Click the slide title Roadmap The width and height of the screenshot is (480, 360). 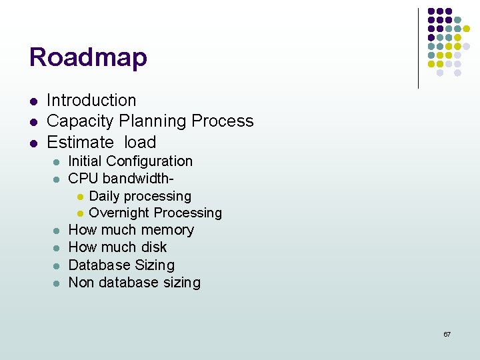(88, 57)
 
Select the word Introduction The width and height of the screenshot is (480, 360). (91, 101)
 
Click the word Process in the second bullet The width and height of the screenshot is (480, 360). (222, 121)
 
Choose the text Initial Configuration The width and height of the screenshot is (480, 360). (131, 161)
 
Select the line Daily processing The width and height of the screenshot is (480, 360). (140, 196)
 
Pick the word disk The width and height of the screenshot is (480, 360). (154, 247)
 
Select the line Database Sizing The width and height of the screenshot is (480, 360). (121, 265)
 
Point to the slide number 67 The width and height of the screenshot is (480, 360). (447, 334)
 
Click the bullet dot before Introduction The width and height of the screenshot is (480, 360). (32, 101)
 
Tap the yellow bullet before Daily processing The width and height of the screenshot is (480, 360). (79, 197)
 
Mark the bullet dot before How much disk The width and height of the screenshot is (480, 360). (56, 248)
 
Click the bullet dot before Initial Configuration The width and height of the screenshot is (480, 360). (56, 162)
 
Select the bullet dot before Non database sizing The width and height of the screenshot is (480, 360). (56, 283)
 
